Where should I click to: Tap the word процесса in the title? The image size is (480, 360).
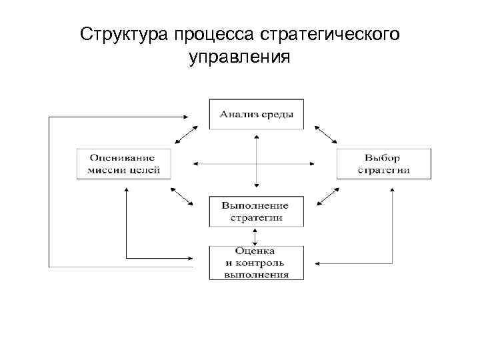[x=206, y=34]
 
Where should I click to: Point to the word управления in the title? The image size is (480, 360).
[x=239, y=58]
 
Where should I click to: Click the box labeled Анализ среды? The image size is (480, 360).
[x=256, y=114]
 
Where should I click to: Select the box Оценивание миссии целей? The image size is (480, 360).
[x=123, y=163]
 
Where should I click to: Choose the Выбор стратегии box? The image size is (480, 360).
[x=383, y=163]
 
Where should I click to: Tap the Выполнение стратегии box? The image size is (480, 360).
[x=256, y=211]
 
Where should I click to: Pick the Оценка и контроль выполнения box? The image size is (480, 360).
[x=256, y=262]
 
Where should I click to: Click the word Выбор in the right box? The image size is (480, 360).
[x=383, y=158]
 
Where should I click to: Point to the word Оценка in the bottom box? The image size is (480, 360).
[x=256, y=251]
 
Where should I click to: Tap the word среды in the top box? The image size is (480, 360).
[x=277, y=114]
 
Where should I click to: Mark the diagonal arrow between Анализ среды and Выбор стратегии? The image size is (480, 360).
[x=325, y=134]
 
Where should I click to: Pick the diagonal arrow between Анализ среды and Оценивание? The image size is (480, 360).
[x=187, y=134]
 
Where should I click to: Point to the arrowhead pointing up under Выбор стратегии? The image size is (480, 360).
[x=392, y=193]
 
